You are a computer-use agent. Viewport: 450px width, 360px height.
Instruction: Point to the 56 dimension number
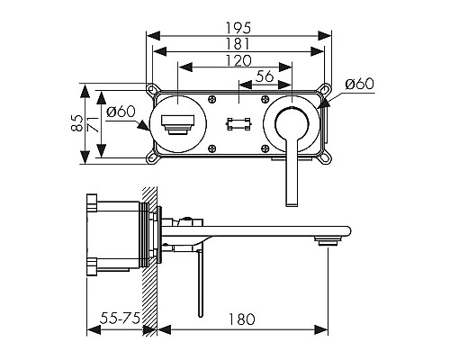pos(264,76)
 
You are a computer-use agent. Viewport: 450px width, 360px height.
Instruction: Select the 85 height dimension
pos(77,123)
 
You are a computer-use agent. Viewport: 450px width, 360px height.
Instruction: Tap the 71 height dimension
pos(94,123)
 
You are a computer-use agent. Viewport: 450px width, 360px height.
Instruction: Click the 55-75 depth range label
pos(119,319)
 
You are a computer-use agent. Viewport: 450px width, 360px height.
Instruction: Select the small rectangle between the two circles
pos(238,123)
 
